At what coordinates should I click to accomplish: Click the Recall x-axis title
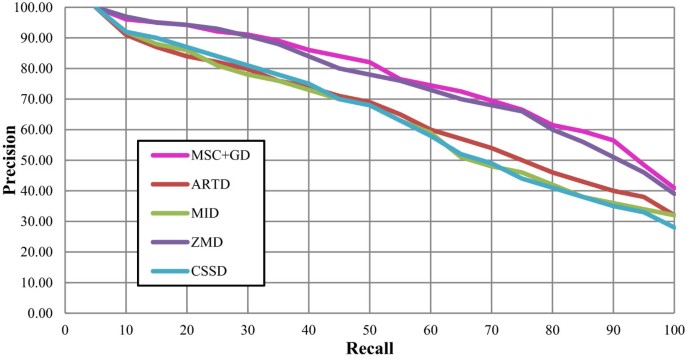coord(371,347)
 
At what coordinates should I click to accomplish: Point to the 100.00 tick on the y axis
coord(35,8)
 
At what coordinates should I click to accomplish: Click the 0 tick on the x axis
coord(65,328)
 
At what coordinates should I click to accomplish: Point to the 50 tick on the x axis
coord(370,328)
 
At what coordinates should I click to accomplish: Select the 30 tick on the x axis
coord(248,328)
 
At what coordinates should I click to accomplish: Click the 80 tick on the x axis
coord(553,328)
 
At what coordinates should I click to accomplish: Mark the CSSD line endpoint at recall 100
coord(674,227)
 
